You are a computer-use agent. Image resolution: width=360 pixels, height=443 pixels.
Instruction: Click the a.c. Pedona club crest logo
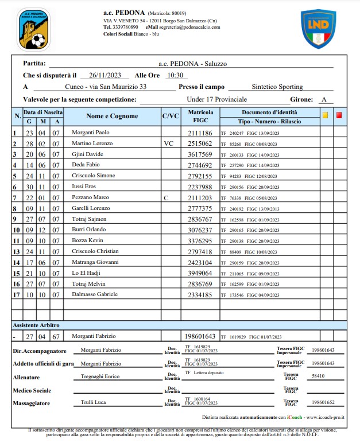[x=32, y=28]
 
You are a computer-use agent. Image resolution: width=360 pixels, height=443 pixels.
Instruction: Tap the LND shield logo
[x=318, y=28]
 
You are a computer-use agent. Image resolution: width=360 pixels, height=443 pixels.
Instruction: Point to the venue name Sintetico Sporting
[x=280, y=87]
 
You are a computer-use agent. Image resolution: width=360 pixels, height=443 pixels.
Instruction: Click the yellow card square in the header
[x=325, y=115]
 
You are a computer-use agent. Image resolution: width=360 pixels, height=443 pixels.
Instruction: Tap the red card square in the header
[x=339, y=115]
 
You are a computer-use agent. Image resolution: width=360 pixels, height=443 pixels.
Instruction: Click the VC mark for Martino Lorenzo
[x=168, y=143]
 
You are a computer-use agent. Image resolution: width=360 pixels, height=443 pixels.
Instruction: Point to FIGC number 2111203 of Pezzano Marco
[x=200, y=197]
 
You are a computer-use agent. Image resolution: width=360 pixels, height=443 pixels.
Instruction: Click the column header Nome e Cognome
[x=112, y=116]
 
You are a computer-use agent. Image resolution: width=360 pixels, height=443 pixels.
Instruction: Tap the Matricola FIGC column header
[x=200, y=116]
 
